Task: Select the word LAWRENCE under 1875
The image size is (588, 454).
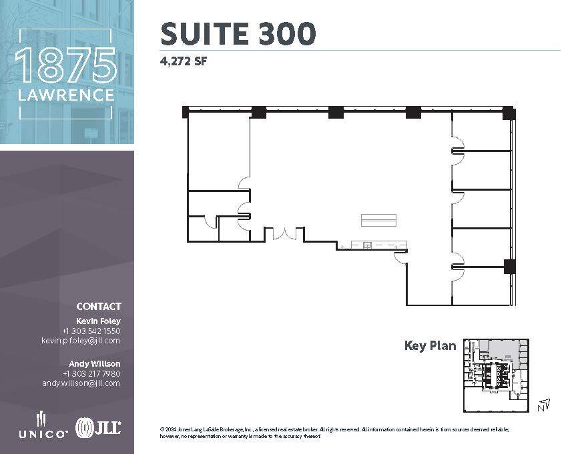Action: tap(65, 95)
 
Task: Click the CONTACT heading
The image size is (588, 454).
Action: tap(99, 307)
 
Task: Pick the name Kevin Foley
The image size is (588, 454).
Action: tap(103, 321)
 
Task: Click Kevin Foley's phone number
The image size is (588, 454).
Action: tap(91, 331)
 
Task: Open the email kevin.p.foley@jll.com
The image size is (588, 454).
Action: tap(81, 340)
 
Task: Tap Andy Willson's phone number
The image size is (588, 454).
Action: tap(91, 373)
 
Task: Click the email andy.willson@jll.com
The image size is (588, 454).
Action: tap(81, 383)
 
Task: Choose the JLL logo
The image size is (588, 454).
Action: tap(98, 427)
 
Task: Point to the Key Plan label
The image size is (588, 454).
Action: tap(430, 345)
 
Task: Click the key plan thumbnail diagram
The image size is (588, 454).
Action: tap(496, 375)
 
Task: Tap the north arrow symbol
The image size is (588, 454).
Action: tap(545, 403)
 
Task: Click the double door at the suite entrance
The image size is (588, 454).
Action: tap(285, 233)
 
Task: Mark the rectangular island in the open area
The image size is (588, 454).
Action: tap(378, 220)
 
